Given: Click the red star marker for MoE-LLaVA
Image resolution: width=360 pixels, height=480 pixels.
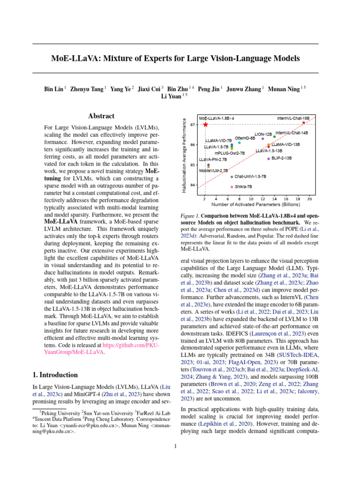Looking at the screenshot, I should pyautogui.click(x=205, y=124).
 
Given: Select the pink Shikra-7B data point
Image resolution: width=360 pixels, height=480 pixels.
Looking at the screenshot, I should pyautogui.click(x=232, y=187).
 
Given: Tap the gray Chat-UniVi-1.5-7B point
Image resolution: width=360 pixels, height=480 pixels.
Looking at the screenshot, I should pyautogui.click(x=232, y=177).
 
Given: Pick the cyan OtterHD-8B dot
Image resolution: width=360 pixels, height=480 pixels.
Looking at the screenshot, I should pyautogui.click(x=239, y=142).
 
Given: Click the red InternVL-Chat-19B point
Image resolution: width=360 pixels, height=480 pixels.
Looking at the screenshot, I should pyautogui.click(x=303, y=123).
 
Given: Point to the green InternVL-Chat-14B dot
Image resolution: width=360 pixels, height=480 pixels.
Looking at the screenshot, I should pyautogui.click(x=274, y=137).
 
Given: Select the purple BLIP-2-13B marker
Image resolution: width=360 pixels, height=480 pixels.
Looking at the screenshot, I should pyautogui.click(x=269, y=158).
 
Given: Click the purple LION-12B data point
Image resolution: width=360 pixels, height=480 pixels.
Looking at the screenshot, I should pyautogui.click(x=262, y=139).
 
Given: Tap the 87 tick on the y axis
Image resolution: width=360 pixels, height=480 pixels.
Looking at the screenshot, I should pyautogui.click(x=193, y=125).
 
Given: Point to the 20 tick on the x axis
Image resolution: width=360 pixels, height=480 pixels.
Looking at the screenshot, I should pyautogui.click(x=309, y=199).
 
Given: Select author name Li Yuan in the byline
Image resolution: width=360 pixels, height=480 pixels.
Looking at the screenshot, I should pyautogui.click(x=171, y=97).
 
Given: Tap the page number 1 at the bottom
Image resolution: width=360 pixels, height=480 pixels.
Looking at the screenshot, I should pyautogui.click(x=175, y=446).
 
